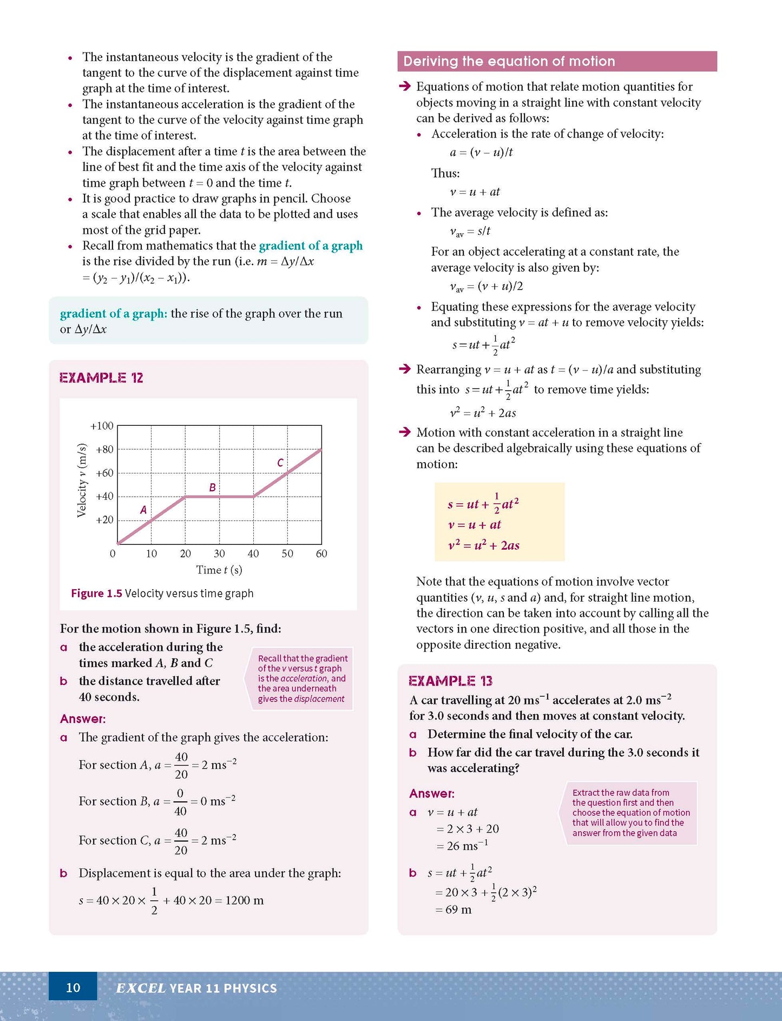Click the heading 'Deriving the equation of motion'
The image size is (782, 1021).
[509, 61]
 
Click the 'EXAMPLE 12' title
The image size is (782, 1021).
[101, 378]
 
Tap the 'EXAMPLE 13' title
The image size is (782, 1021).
[450, 681]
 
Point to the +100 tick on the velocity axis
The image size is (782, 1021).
[102, 426]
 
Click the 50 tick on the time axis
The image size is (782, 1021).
[287, 554]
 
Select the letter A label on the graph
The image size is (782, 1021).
[143, 510]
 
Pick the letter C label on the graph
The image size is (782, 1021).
[280, 463]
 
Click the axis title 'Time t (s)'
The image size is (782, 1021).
[219, 570]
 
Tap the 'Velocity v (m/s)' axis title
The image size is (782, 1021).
[82, 480]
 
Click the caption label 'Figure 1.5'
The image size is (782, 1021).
[96, 594]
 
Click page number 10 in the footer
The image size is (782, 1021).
[73, 987]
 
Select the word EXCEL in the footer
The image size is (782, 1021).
[141, 988]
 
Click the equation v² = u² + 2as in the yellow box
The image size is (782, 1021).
[484, 545]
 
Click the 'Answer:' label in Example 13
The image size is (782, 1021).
[431, 793]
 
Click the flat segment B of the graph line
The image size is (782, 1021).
[219, 496]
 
